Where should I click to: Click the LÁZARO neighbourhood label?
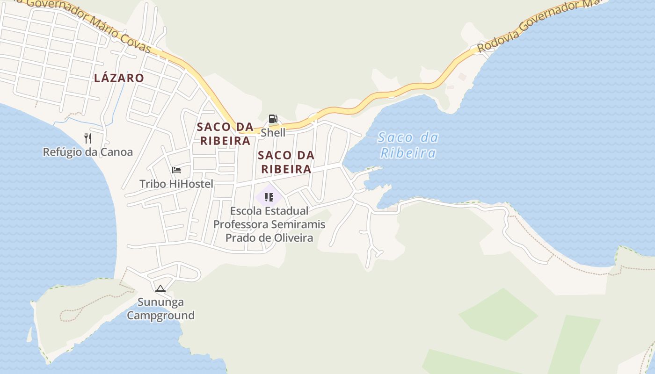(119, 78)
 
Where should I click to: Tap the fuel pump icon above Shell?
(273, 119)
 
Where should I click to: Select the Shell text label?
(273, 133)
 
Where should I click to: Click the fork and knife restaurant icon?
(87, 138)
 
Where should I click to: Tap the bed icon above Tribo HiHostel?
(176, 170)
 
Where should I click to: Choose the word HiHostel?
(190, 184)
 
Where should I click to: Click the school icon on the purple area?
(269, 197)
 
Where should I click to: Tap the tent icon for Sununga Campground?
(160, 288)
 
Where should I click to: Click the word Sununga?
(160, 302)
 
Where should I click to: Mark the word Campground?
(160, 316)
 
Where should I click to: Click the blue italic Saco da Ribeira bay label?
(408, 145)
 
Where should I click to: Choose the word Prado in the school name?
(241, 238)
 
